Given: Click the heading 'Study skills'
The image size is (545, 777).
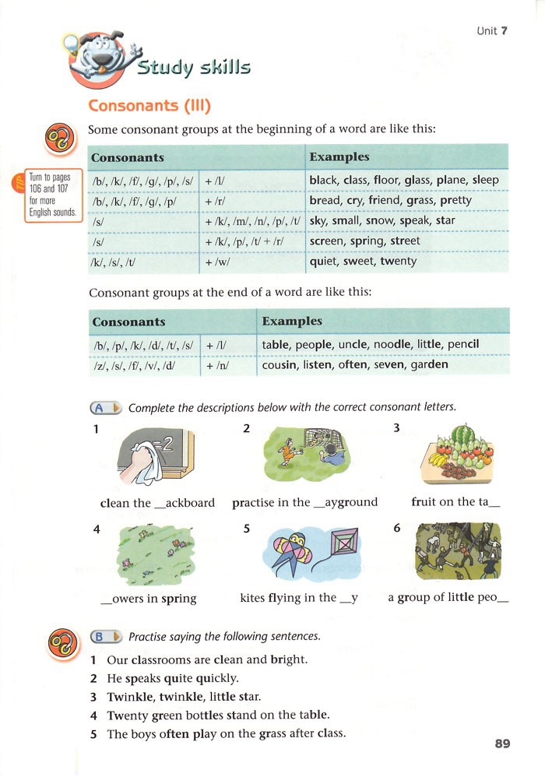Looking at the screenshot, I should click(194, 68).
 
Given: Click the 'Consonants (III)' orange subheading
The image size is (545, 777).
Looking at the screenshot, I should click(149, 105).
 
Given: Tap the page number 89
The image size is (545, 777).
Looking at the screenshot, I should click(502, 744).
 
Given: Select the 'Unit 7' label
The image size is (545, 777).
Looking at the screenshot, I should click(492, 31).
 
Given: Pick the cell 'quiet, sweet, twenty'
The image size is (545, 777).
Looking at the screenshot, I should click(363, 262).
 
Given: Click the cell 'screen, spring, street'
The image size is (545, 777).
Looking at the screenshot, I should click(364, 241).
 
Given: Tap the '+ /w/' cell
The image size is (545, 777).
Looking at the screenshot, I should click(217, 262).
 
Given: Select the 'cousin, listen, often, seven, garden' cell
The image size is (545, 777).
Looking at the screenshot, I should click(355, 364).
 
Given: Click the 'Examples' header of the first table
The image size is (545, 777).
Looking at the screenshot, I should click(339, 157).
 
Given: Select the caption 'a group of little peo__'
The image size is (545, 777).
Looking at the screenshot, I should click(448, 599).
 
